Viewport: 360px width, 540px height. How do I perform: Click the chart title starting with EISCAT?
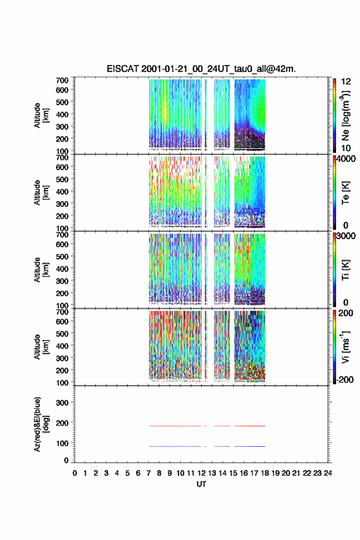[x=201, y=69]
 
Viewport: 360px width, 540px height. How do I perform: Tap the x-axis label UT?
[x=201, y=484]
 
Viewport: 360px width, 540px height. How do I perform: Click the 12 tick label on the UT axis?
[x=201, y=473]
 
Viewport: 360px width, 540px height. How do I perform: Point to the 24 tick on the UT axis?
[x=327, y=473]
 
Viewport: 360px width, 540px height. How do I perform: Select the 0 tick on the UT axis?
[x=75, y=473]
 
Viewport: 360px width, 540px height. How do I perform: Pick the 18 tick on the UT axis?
[x=265, y=473]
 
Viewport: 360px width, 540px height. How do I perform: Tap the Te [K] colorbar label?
[x=345, y=193]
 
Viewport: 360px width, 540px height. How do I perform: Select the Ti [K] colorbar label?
[x=345, y=269]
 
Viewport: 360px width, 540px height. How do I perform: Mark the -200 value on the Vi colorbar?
[x=345, y=379]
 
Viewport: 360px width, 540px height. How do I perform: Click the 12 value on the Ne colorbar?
[x=346, y=82]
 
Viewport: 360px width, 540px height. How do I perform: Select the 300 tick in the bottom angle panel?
[x=62, y=403]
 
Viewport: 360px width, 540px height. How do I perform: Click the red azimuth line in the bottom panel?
[x=207, y=426]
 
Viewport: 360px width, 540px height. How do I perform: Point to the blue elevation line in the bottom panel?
[x=207, y=446]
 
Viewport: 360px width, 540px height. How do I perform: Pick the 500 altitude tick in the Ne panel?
[x=62, y=102]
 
